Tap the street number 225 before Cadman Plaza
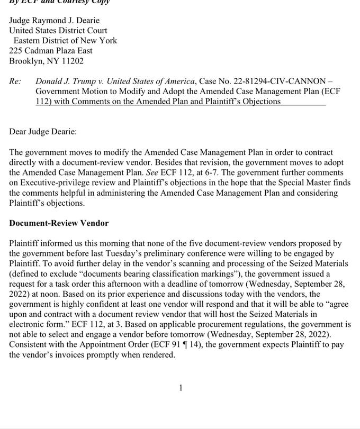pyautogui.click(x=16, y=51)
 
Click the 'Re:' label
pyautogui.click(x=15, y=81)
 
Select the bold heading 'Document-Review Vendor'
pyautogui.click(x=59, y=223)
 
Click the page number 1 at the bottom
pyautogui.click(x=181, y=388)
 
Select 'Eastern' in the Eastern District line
pyautogui.click(x=30, y=41)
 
